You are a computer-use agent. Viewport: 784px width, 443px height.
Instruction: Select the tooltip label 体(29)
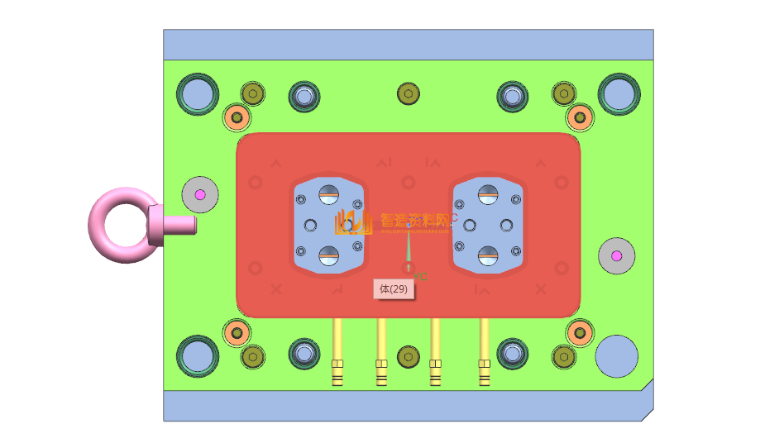[x=393, y=289]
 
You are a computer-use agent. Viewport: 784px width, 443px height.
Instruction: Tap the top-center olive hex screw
[x=408, y=93]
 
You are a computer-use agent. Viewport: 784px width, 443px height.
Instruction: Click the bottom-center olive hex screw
[x=408, y=356]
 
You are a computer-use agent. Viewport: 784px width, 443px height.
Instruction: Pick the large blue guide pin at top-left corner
[x=198, y=94]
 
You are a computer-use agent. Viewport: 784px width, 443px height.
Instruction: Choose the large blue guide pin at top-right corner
[x=619, y=94]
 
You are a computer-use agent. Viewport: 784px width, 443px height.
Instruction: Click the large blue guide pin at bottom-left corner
[x=198, y=355]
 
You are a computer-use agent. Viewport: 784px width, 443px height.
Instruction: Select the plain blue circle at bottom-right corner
[x=616, y=356]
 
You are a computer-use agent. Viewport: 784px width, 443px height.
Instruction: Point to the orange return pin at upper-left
[x=237, y=117]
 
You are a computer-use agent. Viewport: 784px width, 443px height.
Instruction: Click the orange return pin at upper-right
[x=580, y=117]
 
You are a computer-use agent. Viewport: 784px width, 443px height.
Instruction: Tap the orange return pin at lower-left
[x=237, y=333]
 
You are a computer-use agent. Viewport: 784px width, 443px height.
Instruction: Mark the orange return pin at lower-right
[x=580, y=333]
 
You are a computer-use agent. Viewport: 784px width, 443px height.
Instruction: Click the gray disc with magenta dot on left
[x=199, y=195]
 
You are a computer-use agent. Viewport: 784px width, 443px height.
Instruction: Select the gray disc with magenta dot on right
[x=616, y=256]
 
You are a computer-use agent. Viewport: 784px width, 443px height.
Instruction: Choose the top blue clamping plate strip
[x=408, y=45]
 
